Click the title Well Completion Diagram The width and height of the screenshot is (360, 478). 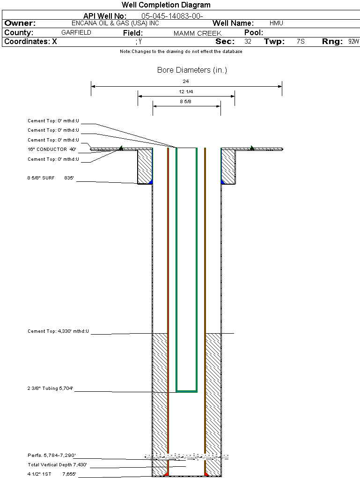click(166, 5)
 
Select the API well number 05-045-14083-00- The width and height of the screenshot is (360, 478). click(172, 16)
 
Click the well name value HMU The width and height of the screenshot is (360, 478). click(276, 23)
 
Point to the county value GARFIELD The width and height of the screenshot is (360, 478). click(76, 33)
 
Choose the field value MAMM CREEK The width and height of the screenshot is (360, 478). click(197, 33)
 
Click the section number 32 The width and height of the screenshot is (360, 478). click(248, 42)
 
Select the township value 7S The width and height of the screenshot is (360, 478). click(301, 42)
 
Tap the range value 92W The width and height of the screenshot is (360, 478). click(353, 42)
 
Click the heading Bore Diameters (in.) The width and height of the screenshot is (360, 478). click(192, 70)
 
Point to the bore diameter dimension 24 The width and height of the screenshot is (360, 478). click(186, 81)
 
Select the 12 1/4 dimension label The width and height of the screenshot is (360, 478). click(186, 91)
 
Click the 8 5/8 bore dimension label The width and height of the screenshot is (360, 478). click(186, 101)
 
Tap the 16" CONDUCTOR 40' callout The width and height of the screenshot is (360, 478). click(51, 149)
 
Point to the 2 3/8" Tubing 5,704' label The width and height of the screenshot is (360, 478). click(50, 388)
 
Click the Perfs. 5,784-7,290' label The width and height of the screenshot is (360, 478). click(51, 456)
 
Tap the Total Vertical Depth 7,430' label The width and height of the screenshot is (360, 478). click(57, 465)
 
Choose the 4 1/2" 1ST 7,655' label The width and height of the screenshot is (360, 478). click(51, 474)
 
